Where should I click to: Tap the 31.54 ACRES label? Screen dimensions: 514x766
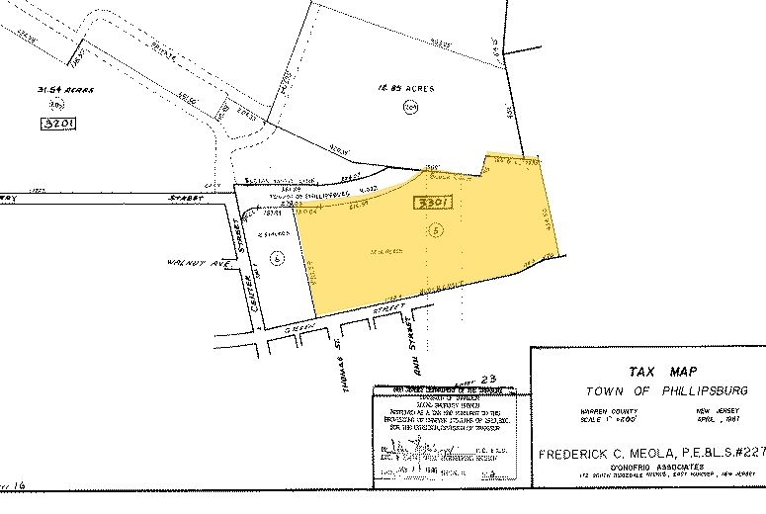tap(65, 89)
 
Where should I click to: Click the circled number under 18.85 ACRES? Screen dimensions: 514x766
tap(411, 108)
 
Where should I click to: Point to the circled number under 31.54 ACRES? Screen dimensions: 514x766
tap(58, 104)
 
